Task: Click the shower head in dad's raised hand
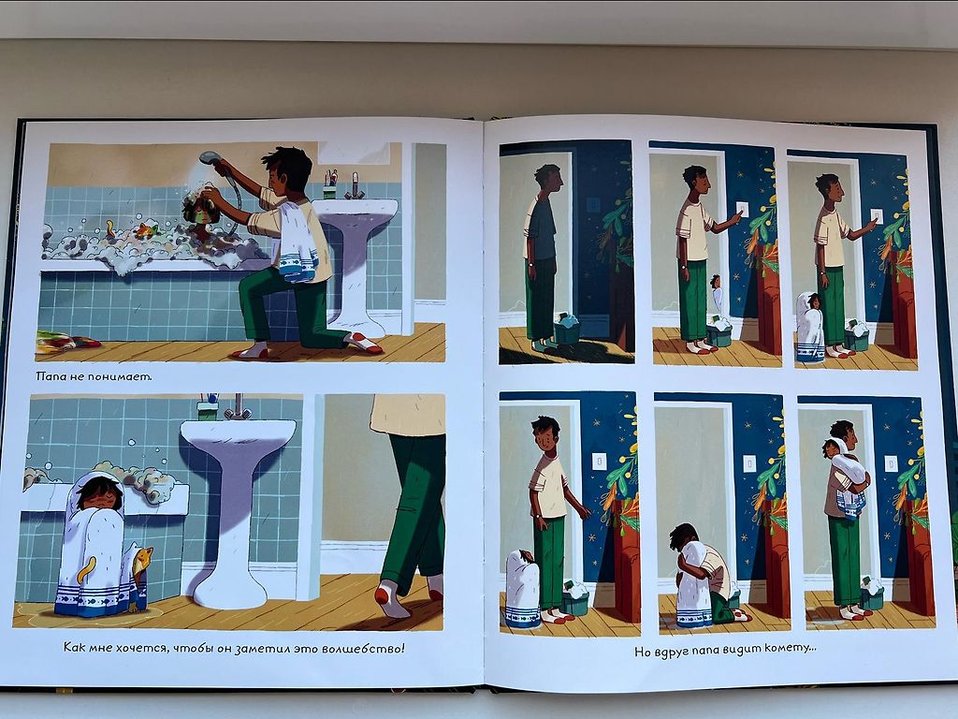(210, 157)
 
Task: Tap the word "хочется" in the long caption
(142, 648)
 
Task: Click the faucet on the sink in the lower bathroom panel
(237, 407)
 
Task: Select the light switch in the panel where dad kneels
(748, 464)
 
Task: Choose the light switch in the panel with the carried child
(892, 464)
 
